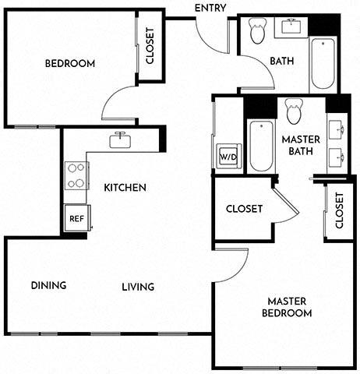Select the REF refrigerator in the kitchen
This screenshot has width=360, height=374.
click(x=76, y=219)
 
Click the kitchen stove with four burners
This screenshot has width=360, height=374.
click(x=76, y=176)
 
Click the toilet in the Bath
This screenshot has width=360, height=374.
click(x=257, y=31)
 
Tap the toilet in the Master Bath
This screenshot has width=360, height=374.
click(x=295, y=111)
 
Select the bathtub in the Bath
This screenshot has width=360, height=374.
click(x=322, y=63)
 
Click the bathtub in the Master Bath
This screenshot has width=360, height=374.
click(x=259, y=146)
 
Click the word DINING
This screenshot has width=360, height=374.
click(x=48, y=285)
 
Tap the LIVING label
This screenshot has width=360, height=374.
click(x=138, y=287)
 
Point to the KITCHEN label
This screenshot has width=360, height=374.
click(x=125, y=187)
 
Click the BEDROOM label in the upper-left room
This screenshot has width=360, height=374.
click(x=69, y=63)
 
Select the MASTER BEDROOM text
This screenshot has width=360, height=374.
click(x=290, y=307)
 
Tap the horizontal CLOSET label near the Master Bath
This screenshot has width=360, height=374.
click(x=244, y=209)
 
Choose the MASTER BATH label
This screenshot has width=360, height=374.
click(x=295, y=145)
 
